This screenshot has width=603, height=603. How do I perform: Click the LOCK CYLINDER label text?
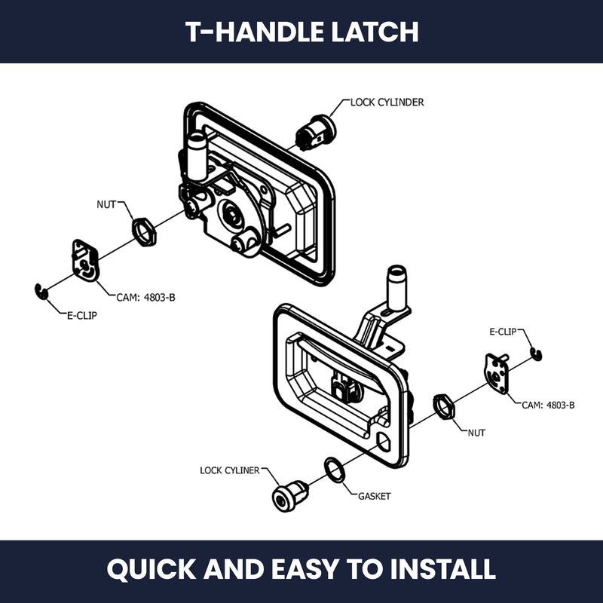tap(387, 103)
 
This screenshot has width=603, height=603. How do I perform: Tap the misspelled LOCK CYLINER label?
tap(230, 470)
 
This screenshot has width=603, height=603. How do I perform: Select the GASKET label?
tap(374, 497)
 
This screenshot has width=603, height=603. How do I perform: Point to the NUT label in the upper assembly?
tap(106, 204)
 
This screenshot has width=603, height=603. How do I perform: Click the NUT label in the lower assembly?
tap(476, 433)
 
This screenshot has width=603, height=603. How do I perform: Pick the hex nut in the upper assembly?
tap(144, 232)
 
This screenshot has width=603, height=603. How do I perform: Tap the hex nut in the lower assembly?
tap(443, 406)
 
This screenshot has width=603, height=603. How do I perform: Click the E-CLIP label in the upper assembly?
tap(82, 316)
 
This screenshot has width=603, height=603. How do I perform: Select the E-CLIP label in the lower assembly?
tap(503, 332)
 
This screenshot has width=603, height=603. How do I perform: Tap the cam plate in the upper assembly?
tap(86, 260)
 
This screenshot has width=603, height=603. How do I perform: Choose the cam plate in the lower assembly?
tap(497, 374)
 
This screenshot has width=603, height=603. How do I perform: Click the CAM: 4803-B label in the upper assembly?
tap(145, 298)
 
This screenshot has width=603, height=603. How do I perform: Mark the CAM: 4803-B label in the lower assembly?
tap(548, 405)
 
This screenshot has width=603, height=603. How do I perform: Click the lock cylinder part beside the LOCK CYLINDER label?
tap(315, 133)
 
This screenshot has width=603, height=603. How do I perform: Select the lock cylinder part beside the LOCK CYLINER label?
tap(290, 496)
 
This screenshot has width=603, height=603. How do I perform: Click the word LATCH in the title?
tap(375, 32)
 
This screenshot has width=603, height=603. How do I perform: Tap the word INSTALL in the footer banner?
tap(442, 569)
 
